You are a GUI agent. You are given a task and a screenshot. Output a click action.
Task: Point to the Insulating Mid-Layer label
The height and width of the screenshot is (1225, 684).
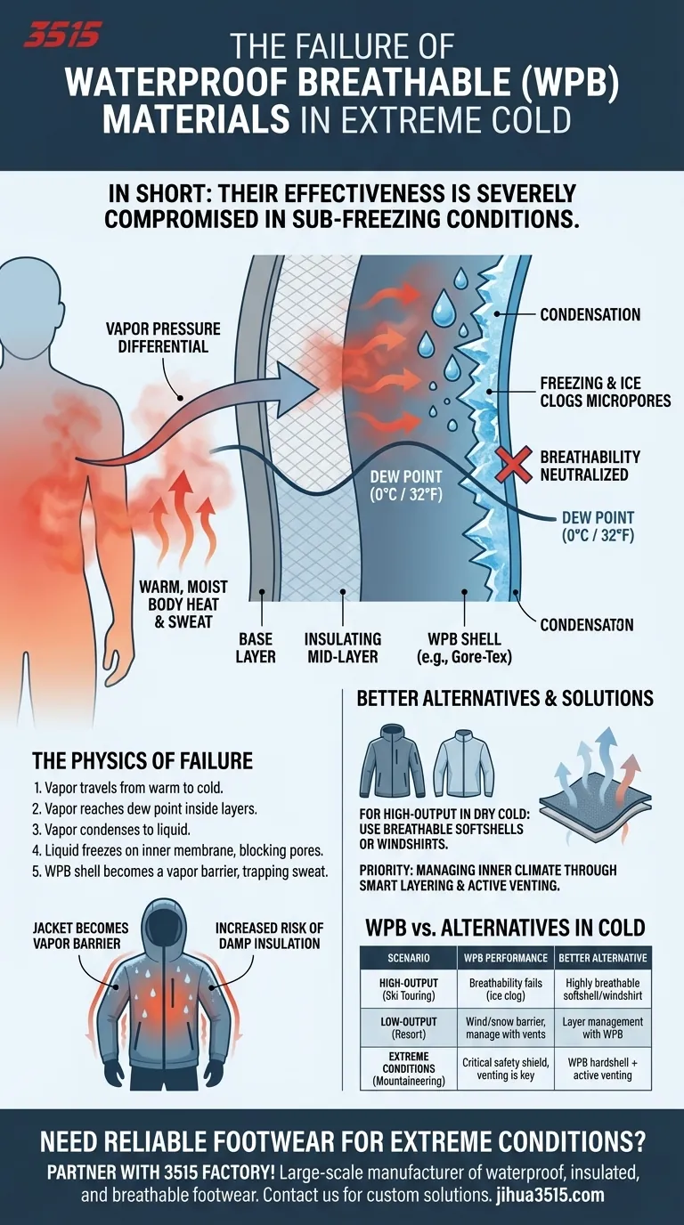click(343, 648)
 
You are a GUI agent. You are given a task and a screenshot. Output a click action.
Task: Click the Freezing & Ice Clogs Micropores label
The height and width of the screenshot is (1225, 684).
click(605, 392)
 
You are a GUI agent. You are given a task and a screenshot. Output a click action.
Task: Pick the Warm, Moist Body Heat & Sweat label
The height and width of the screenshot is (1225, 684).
click(183, 604)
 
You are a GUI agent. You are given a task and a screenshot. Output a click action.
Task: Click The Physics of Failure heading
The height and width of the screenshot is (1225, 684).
click(142, 760)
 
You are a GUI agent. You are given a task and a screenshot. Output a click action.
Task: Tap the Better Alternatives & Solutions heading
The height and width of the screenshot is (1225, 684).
click(505, 698)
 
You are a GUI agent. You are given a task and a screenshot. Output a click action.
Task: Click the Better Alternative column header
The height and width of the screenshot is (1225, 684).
click(602, 958)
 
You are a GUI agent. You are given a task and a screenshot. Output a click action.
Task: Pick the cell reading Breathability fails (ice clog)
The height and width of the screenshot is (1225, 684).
click(504, 988)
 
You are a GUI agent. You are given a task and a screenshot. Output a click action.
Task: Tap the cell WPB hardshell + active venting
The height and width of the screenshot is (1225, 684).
click(602, 1068)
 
